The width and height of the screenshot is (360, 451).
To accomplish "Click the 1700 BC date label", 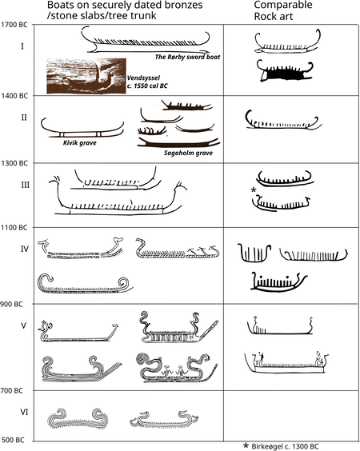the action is click(14, 25).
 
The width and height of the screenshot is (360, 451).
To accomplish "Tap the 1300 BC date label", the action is click(14, 163).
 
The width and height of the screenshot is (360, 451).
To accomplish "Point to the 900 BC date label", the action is click(11, 305).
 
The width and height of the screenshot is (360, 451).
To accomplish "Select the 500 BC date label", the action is click(13, 440).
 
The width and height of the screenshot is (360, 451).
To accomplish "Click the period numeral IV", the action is click(25, 249).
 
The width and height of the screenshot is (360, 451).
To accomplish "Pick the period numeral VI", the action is click(24, 412).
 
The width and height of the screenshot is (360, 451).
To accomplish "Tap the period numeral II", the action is click(24, 118).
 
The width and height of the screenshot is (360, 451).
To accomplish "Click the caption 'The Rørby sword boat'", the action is click(188, 57).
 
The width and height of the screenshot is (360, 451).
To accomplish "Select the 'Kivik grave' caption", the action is click(80, 142).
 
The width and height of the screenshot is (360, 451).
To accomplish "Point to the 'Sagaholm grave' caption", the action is click(189, 153).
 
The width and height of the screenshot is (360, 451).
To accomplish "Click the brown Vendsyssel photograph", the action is click(86, 76).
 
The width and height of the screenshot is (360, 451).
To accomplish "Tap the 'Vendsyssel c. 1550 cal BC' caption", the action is click(147, 82).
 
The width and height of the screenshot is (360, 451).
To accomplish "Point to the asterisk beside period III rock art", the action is click(254, 190).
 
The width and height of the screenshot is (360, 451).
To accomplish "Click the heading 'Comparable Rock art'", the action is click(283, 10).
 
